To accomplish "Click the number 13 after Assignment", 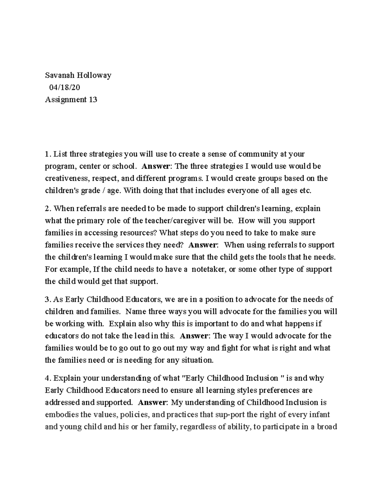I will coord(93,99).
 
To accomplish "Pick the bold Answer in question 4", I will coord(152,403).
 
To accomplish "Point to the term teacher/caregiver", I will coord(175,221).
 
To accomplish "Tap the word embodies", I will coord(61,415).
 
